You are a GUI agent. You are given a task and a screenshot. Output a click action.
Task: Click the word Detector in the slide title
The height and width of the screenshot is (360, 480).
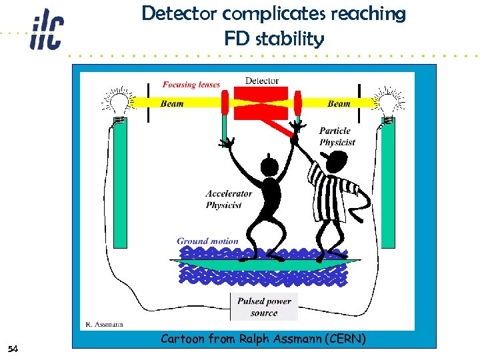(x=174, y=13)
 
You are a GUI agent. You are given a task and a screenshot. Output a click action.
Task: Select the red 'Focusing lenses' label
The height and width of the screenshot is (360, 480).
(x=191, y=85)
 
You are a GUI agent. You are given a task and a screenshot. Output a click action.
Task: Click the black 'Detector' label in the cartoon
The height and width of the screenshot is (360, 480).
(x=261, y=81)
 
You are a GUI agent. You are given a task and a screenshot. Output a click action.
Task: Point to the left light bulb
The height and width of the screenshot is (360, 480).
(x=119, y=103)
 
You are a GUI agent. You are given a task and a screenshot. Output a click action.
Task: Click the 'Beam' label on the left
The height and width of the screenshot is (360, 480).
(x=173, y=103)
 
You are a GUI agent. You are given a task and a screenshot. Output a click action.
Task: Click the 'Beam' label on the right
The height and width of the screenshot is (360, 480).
(x=339, y=103)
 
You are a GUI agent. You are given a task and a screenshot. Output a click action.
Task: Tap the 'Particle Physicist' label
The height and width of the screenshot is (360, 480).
(x=337, y=137)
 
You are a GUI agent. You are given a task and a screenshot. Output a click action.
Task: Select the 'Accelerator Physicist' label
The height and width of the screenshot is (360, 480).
(x=229, y=199)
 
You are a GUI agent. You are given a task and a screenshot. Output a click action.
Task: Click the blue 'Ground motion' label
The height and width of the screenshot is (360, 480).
(x=207, y=241)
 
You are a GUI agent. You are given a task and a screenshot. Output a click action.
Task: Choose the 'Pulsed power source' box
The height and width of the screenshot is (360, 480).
(x=264, y=307)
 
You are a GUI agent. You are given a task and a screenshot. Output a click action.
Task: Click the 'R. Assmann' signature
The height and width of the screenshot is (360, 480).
(x=103, y=325)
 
